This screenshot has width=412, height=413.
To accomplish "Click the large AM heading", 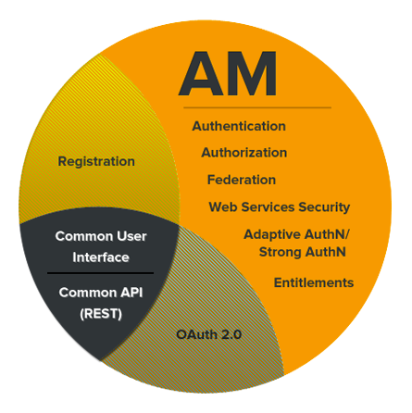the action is tap(228, 74).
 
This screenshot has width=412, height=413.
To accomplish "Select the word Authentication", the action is tap(239, 126).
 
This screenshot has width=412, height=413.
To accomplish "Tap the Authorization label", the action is tap(244, 153).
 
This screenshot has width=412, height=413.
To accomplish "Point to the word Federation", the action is tap(242, 180).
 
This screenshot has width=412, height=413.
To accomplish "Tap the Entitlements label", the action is tap(314, 282).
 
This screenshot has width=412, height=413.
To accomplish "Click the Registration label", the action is tap(96, 161).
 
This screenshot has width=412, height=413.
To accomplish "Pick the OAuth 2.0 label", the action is tap(209, 334).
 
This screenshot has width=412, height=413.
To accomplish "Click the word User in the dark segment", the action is tap(131, 236).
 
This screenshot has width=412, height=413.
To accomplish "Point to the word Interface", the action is tap(101, 257).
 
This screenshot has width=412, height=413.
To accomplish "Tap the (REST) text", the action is tap(101, 314).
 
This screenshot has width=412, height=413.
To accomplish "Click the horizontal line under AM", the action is tap(257, 107).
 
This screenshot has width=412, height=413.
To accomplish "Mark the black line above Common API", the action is tap(100, 273).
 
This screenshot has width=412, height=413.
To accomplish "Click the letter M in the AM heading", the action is tap(252, 74).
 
